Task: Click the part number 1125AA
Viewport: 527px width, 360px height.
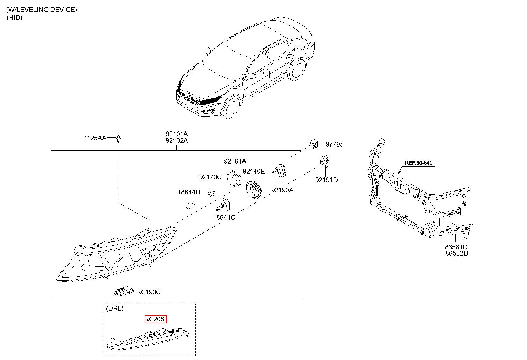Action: [95, 138]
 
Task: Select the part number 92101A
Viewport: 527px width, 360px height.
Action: [177, 134]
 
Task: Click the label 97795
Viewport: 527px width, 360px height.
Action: [334, 144]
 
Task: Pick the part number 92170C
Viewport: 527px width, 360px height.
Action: [210, 177]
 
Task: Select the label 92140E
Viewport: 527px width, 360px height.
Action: [254, 171]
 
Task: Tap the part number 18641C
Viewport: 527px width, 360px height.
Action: [224, 217]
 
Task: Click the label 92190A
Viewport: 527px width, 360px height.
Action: [282, 190]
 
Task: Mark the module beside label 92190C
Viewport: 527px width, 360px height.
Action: [124, 292]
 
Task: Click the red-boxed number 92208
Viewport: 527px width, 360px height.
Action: [155, 319]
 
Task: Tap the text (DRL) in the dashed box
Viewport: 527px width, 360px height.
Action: [115, 308]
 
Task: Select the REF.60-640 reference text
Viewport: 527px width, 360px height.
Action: [418, 163]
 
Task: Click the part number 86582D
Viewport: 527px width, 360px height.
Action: [456, 254]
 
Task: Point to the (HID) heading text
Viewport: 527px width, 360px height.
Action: [15, 18]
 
